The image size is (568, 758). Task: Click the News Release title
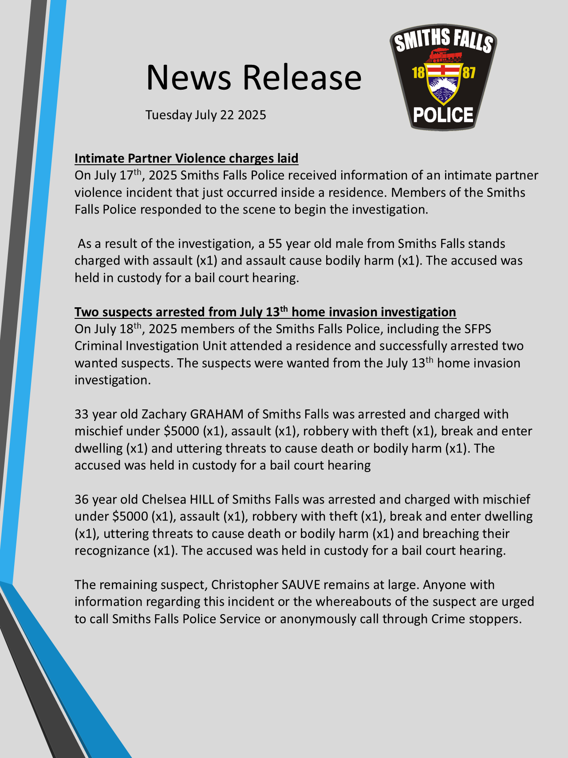click(253, 77)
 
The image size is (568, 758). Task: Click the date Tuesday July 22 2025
click(205, 115)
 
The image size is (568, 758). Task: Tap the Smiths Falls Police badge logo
click(443, 77)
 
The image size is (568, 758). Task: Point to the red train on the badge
click(443, 56)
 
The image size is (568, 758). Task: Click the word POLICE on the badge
click(443, 115)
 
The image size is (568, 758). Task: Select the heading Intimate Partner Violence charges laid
click(186, 159)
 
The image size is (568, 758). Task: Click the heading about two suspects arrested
click(265, 312)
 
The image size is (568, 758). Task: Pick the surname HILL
click(202, 500)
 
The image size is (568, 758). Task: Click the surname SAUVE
click(301, 585)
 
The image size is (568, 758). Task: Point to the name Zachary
click(164, 414)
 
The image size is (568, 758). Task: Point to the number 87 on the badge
click(469, 72)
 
